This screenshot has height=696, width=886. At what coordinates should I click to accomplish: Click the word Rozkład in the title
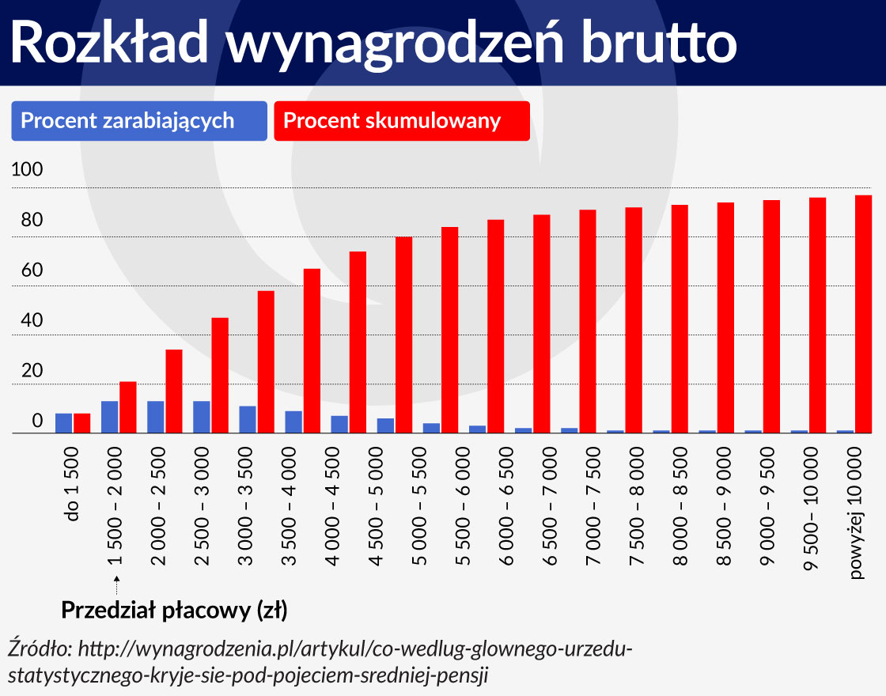(111, 43)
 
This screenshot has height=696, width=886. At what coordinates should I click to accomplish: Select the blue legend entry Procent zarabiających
(139, 121)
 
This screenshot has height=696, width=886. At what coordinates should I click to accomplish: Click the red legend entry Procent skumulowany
(401, 121)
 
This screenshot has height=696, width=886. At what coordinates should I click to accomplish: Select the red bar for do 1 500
(82, 423)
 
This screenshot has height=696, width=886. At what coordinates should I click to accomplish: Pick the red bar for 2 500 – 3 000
(220, 376)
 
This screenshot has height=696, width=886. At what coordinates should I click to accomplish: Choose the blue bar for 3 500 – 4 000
(293, 422)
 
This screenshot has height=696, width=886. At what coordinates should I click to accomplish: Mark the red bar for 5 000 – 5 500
(403, 335)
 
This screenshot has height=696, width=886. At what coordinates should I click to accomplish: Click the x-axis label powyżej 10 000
(856, 522)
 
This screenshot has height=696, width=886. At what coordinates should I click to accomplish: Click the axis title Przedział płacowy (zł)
(174, 611)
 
